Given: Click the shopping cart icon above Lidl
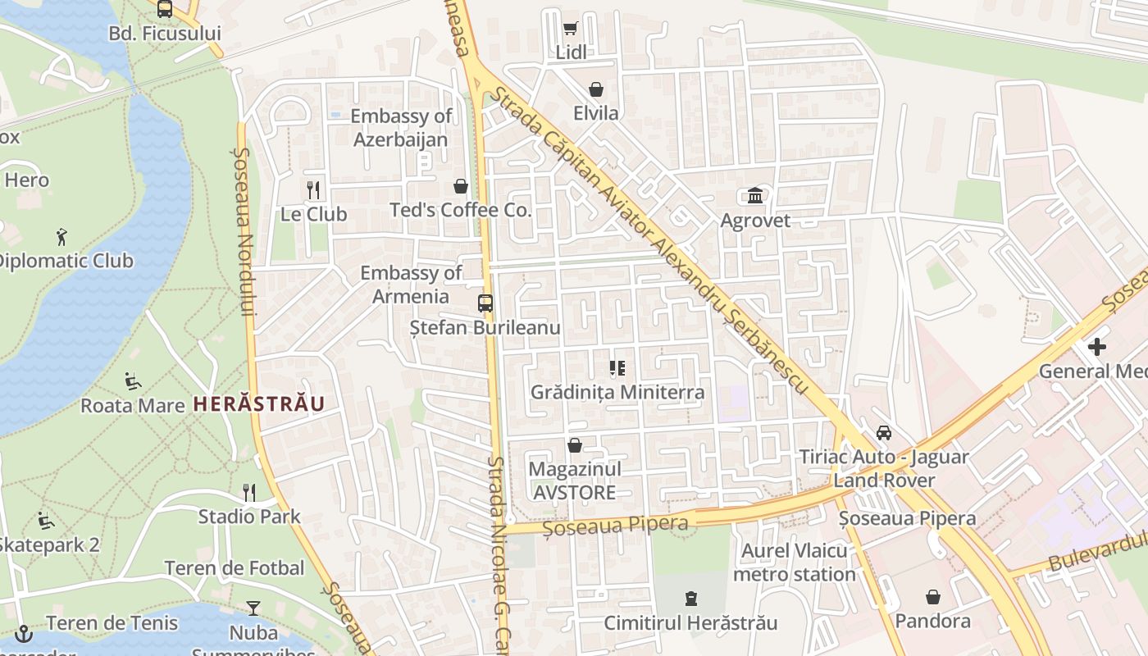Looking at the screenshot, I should tap(570, 29).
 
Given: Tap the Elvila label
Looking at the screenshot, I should tap(596, 113).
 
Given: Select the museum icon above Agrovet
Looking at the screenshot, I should tap(755, 196).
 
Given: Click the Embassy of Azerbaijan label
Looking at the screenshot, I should tap(401, 128).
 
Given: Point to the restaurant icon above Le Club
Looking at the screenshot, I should tap(313, 190).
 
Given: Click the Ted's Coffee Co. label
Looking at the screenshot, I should tap(461, 210).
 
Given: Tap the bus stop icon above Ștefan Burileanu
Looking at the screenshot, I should tap(485, 303).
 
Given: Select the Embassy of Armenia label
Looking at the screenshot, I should tap(411, 285).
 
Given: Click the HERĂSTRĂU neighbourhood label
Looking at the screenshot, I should tap(259, 403).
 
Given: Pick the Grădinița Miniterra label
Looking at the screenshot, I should tap(617, 392).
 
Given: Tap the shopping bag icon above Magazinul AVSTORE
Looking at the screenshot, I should tap(575, 445).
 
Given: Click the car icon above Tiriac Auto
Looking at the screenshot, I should tap(884, 432).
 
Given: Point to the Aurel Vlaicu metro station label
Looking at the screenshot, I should tap(795, 563).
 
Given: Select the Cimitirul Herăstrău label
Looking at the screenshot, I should tap(690, 623).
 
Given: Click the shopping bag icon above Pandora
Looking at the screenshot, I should tap(933, 597).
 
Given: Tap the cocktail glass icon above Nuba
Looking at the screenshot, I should tap(253, 608).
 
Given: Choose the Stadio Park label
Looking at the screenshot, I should tap(249, 517).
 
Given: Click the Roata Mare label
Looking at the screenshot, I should tap(132, 405).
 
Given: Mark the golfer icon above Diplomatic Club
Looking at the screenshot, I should tap(62, 238).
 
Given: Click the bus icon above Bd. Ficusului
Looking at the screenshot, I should tap(165, 9).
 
